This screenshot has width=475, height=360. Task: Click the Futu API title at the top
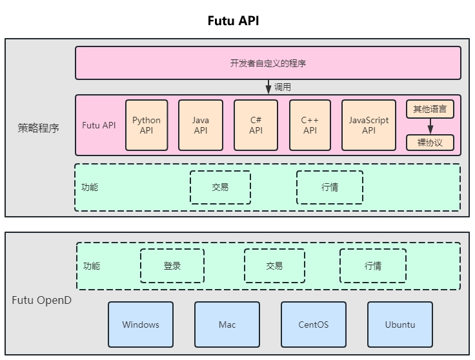pos(233,21)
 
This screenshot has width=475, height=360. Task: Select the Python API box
pos(147,125)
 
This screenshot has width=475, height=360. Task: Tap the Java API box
pos(201,125)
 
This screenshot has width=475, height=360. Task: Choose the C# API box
pos(256,125)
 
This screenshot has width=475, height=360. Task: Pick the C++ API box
pos(310,125)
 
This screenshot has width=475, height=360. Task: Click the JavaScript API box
pos(369,125)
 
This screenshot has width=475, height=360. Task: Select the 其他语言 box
pos(430,109)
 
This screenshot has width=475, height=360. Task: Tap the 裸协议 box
pos(430,143)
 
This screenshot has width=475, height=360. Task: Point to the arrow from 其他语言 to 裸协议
pos(430,126)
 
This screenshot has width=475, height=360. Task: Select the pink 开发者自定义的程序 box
pos(268,63)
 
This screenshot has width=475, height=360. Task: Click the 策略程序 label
pos(38,128)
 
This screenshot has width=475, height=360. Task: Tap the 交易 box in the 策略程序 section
pos(220,187)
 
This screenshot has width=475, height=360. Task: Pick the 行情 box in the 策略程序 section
pos(329,187)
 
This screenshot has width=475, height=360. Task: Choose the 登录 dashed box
pos(172,266)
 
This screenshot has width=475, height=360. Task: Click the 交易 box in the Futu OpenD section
pos(274,266)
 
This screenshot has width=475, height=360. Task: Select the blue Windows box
pos(141,325)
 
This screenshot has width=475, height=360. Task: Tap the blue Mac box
pos(227,325)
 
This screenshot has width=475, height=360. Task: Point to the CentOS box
pos(314,325)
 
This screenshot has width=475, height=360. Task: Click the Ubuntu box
pos(400,325)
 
